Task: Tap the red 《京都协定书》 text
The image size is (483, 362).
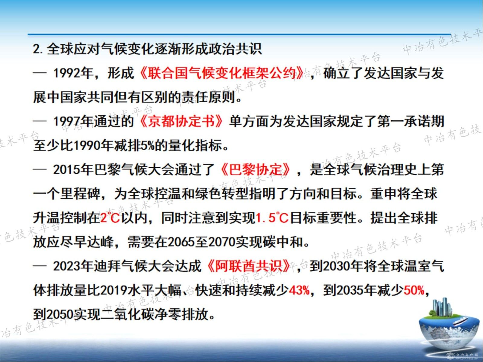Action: (x=181, y=121)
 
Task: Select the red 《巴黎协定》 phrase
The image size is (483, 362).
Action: (x=255, y=170)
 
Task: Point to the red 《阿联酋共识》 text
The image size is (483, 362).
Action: (x=248, y=266)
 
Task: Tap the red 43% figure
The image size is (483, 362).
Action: (x=299, y=290)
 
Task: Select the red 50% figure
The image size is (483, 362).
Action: (x=414, y=290)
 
